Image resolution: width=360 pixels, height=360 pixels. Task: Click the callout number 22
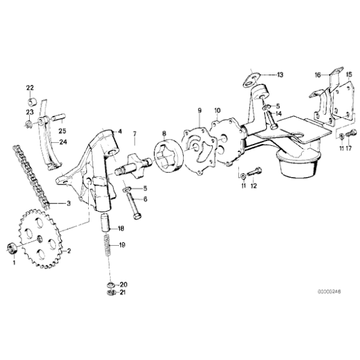tap(30, 87)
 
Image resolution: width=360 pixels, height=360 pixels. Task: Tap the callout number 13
tap(280, 74)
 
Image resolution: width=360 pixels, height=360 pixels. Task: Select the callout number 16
tap(317, 75)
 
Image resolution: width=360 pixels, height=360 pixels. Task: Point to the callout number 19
tap(122, 245)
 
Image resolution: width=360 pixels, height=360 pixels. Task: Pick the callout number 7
tap(134, 134)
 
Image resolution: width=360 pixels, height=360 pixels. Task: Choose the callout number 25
tap(61, 130)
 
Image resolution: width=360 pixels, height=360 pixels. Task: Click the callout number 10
tap(217, 110)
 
